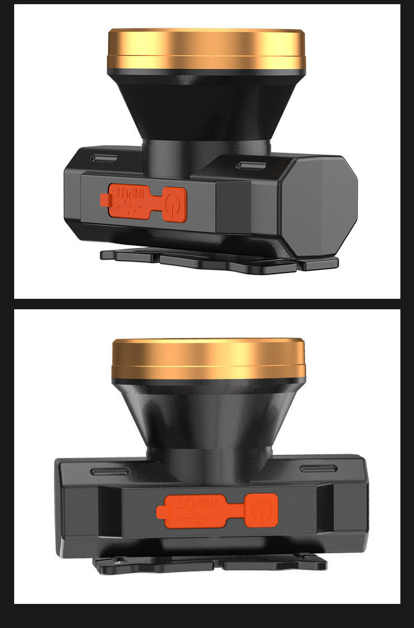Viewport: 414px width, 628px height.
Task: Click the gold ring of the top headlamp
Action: click(x=206, y=49)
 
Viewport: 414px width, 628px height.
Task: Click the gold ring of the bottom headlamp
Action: click(x=209, y=360)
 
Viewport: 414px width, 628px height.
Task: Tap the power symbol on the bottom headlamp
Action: click(x=262, y=511)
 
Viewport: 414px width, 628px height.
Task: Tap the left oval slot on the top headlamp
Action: click(x=103, y=159)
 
